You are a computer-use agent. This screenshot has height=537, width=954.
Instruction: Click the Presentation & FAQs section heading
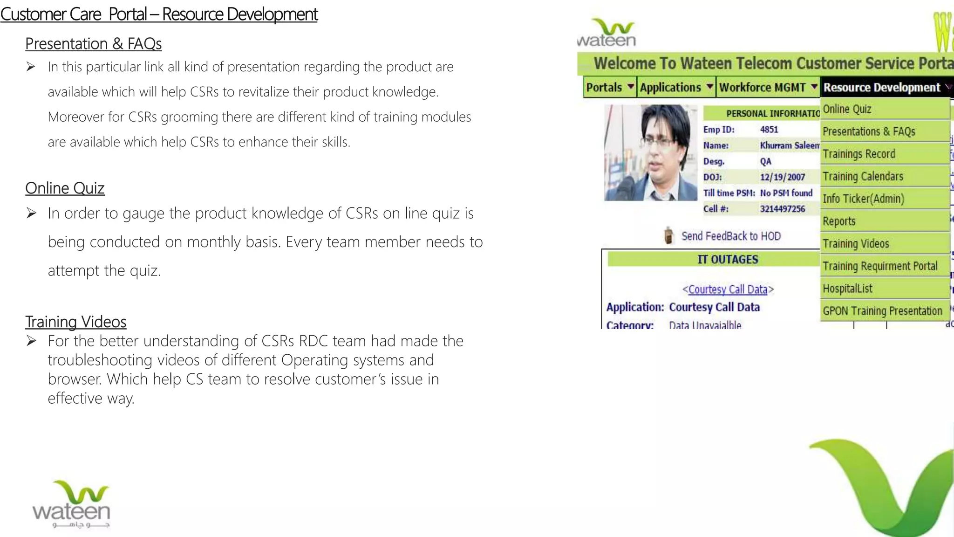click(93, 44)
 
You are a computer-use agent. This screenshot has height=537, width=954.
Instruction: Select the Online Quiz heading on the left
click(65, 188)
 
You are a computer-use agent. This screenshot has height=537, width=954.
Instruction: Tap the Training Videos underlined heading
click(75, 322)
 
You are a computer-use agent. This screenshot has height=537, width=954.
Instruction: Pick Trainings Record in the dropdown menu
click(859, 154)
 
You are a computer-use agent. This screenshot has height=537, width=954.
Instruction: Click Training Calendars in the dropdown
click(863, 176)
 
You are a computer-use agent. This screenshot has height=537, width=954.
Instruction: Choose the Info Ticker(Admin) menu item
click(863, 199)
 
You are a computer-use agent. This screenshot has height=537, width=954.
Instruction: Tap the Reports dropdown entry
click(839, 221)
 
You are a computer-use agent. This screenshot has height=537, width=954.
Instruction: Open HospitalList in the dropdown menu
click(847, 289)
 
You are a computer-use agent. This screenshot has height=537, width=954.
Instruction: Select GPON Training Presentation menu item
click(882, 311)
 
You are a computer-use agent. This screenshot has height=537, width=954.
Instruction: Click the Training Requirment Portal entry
click(880, 266)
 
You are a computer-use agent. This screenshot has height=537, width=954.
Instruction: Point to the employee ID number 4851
click(769, 130)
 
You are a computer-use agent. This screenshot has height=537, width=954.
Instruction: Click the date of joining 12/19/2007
click(783, 177)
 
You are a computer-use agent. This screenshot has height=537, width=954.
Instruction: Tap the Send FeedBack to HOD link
click(731, 236)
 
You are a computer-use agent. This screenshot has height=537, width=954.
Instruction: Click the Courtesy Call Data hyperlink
click(728, 289)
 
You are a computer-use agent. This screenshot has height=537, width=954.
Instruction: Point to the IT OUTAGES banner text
click(728, 259)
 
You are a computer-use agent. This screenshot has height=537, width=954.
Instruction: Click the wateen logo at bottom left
click(71, 504)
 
